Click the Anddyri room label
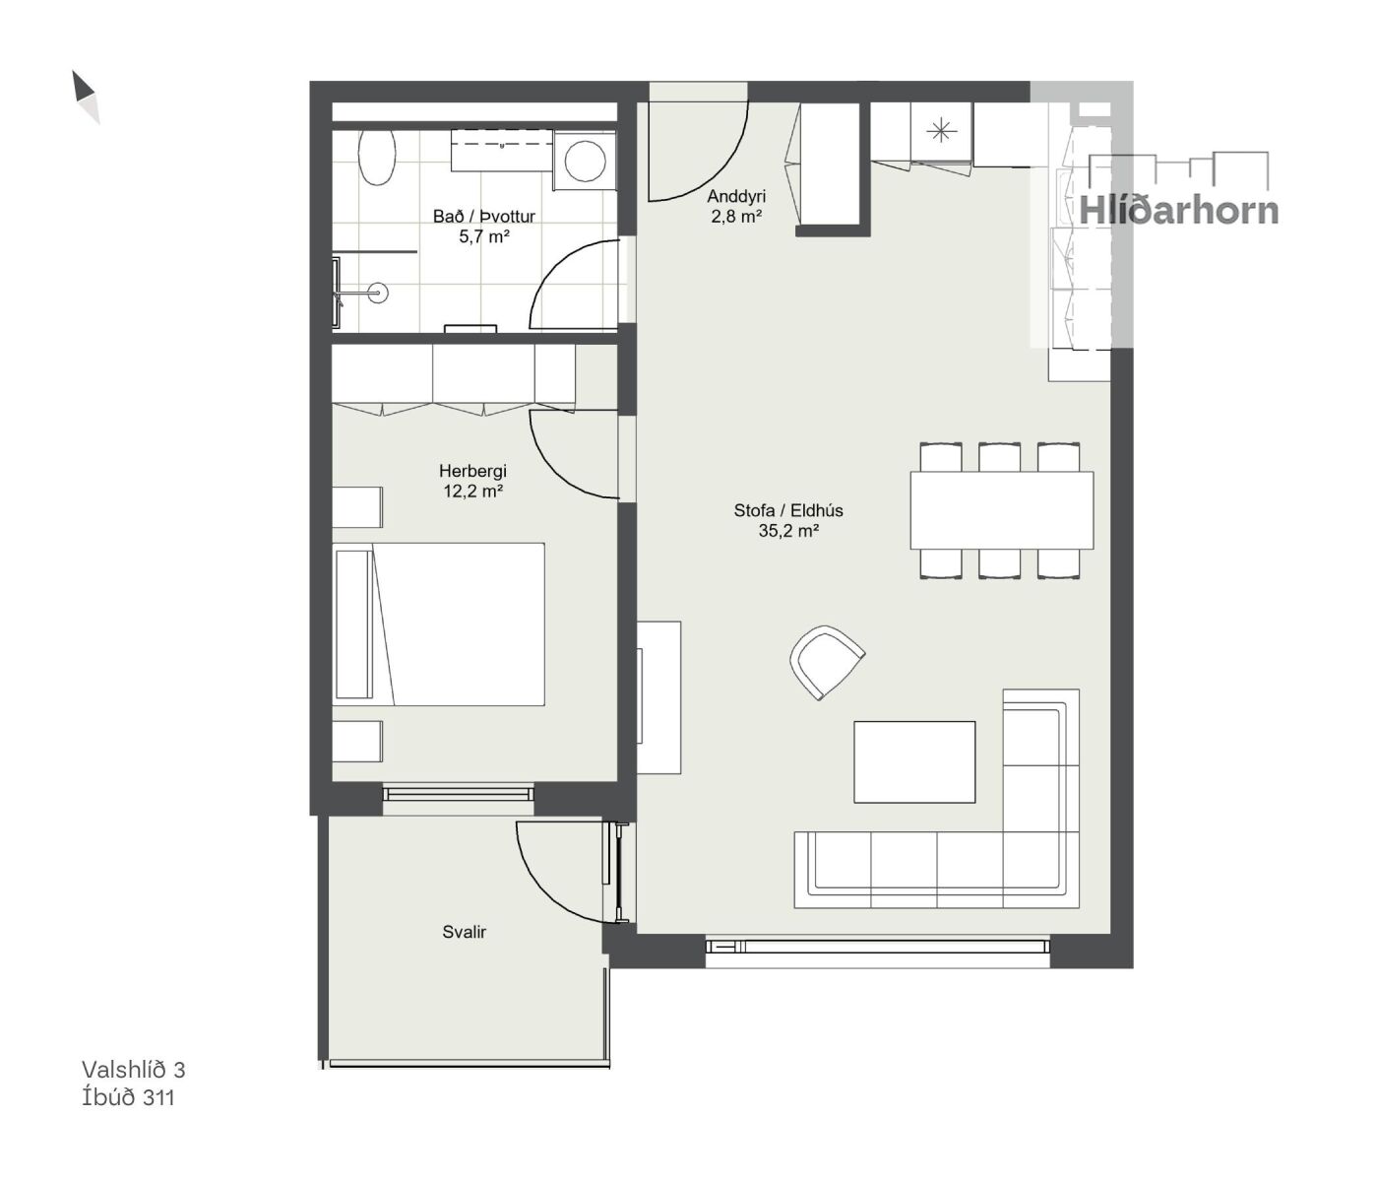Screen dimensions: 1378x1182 click(x=736, y=196)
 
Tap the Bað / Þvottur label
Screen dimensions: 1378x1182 click(x=484, y=217)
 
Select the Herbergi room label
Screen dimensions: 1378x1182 click(x=472, y=471)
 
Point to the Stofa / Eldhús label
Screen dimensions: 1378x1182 click(x=788, y=510)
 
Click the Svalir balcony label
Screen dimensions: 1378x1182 click(x=464, y=932)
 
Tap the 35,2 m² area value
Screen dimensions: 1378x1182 click(x=788, y=531)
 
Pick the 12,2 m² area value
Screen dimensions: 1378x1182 click(x=472, y=492)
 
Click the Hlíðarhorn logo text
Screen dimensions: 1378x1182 click(x=1178, y=210)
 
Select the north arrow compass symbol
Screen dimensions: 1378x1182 click(x=86, y=98)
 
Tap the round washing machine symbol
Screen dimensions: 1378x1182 click(x=585, y=161)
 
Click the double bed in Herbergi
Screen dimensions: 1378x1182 click(x=439, y=624)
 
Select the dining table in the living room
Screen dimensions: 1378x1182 click(x=1001, y=510)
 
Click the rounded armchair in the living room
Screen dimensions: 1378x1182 click(x=827, y=662)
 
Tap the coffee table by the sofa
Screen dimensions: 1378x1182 click(x=914, y=761)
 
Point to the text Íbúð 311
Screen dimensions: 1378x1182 click(x=128, y=1097)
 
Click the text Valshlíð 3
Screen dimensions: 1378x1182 click(x=133, y=1070)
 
